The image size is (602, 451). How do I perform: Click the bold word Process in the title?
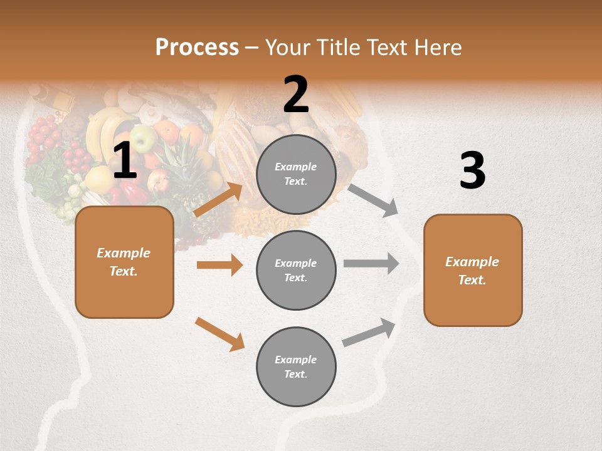click(x=197, y=48)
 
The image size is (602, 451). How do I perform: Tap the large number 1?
click(x=125, y=161)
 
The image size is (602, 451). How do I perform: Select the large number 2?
click(x=296, y=95)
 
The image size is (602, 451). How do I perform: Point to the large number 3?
click(x=472, y=170)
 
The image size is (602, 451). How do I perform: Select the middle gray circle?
click(x=296, y=270)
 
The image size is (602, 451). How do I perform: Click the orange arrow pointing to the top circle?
click(x=218, y=199)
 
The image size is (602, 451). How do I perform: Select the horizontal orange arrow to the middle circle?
click(x=219, y=265)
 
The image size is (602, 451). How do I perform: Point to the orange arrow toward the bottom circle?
click(x=220, y=334)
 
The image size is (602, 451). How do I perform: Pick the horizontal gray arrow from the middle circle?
click(x=371, y=264)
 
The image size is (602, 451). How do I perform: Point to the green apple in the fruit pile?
click(x=143, y=138)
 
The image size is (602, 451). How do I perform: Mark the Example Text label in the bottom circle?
click(x=296, y=367)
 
